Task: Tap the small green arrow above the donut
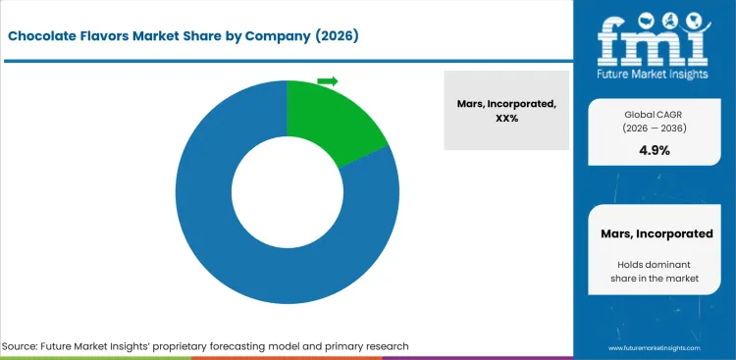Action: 328,80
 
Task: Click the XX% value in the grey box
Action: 506,118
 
